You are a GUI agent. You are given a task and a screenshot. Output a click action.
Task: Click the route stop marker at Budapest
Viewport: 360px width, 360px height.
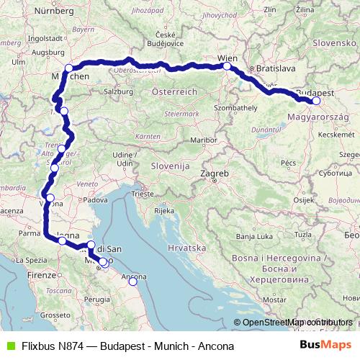tap(316, 101)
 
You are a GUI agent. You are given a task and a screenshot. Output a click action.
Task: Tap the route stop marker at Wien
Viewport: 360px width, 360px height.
tap(227, 66)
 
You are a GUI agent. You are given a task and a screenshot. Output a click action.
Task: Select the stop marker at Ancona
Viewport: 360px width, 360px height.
tap(132, 282)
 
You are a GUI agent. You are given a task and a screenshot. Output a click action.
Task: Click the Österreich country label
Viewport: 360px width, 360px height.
tap(174, 92)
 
